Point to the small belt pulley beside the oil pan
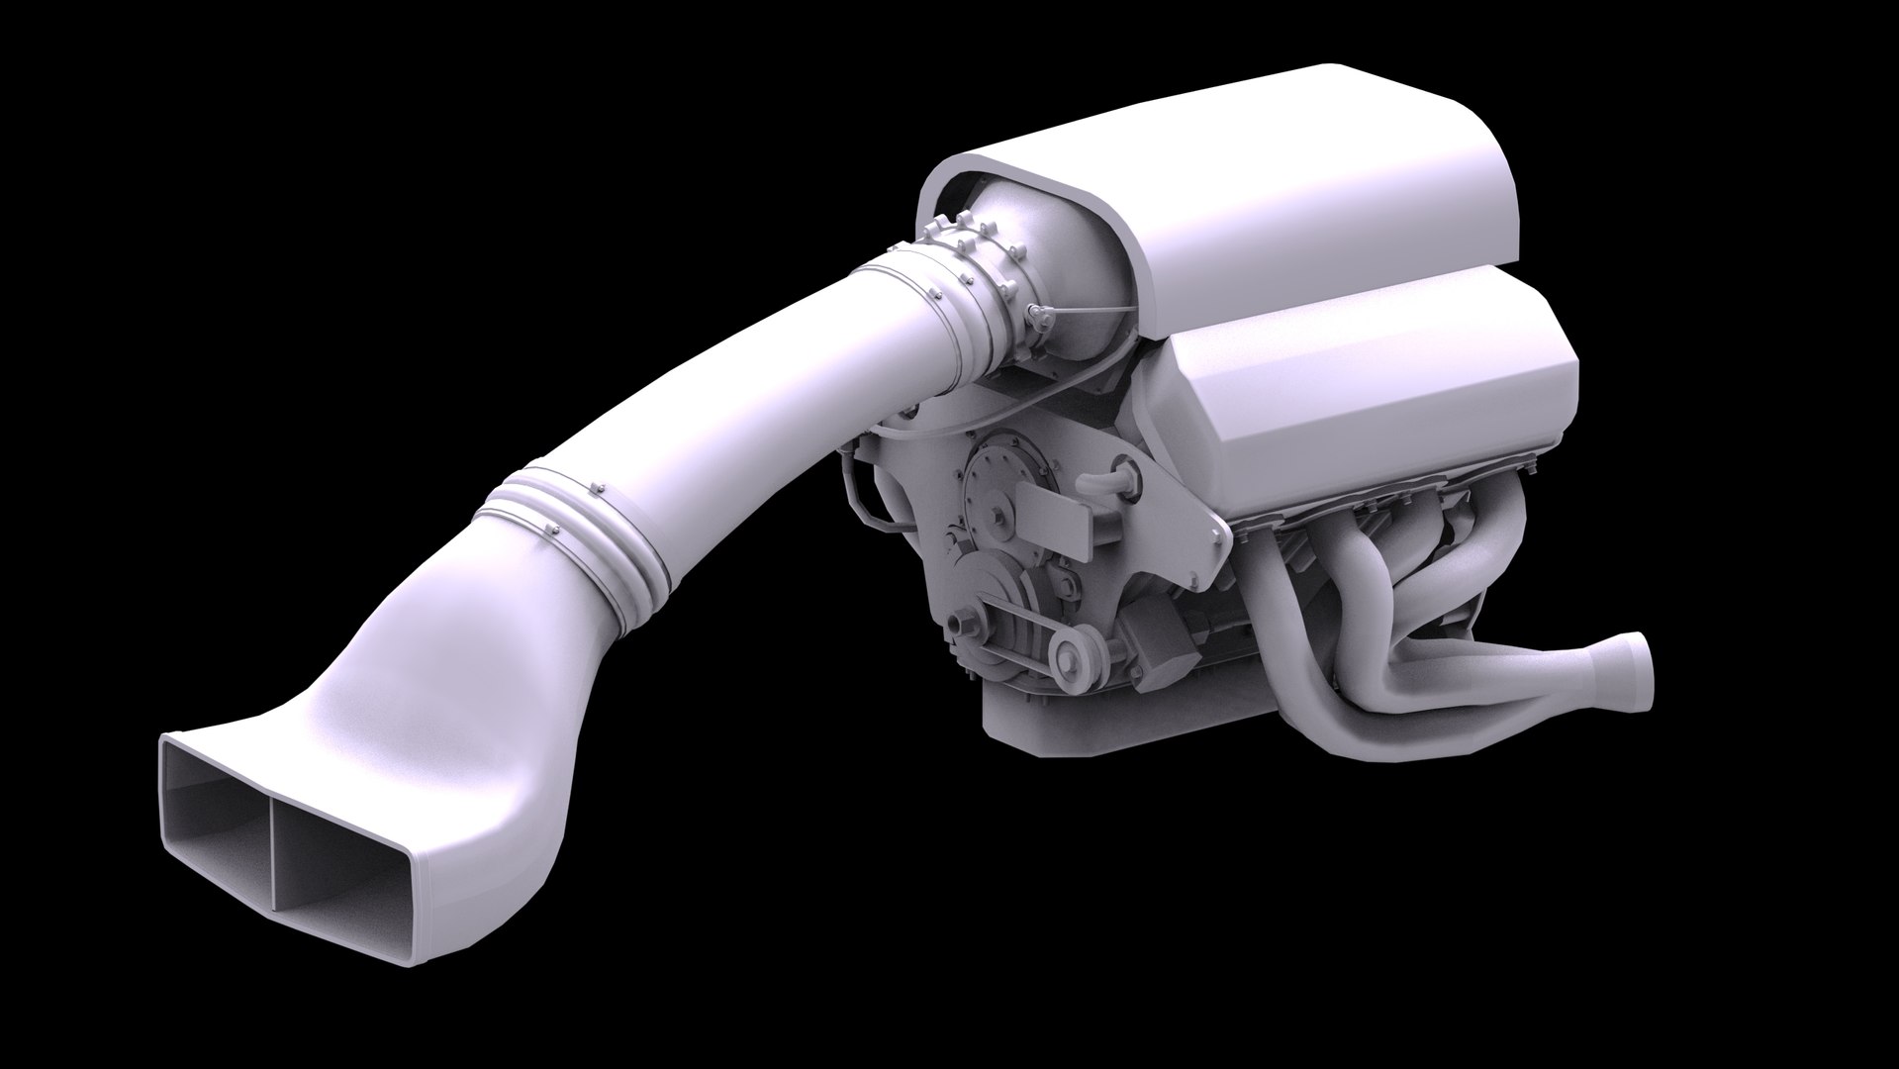(1070, 653)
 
